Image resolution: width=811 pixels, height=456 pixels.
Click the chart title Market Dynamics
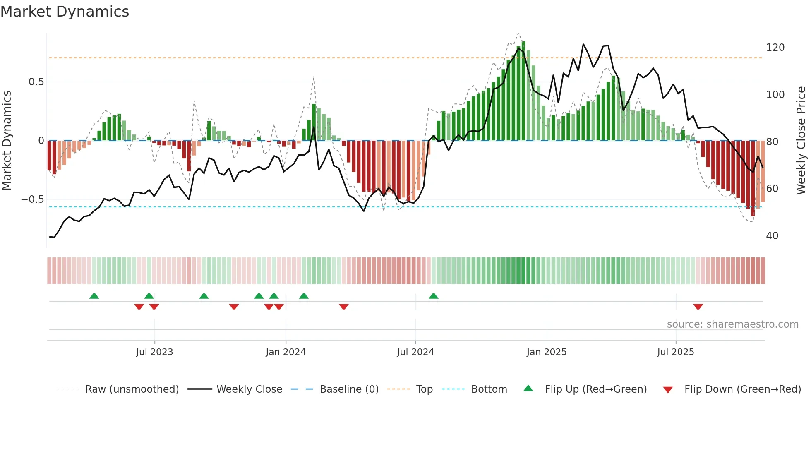(65, 12)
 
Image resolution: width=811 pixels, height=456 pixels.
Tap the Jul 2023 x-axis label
(154, 352)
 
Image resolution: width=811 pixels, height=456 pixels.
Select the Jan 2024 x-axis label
(286, 352)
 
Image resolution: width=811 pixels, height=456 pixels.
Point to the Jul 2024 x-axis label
(415, 352)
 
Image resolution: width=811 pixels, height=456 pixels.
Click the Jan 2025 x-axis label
(547, 352)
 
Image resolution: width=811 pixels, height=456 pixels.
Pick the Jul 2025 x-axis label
(676, 352)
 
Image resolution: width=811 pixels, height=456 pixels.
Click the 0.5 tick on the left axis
(36, 82)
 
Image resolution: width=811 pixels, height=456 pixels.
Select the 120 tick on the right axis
(775, 48)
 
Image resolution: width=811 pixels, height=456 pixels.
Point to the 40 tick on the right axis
(772, 236)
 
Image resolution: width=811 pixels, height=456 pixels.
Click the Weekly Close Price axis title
(801, 141)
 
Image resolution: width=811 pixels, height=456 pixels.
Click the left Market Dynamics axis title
(7, 141)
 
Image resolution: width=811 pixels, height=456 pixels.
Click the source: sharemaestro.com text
(732, 324)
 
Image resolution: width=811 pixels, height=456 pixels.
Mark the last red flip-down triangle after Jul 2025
(698, 307)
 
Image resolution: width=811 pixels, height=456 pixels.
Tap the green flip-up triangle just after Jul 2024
(433, 296)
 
